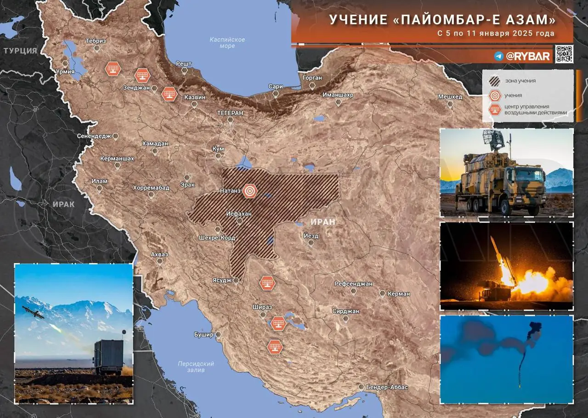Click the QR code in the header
(564, 54)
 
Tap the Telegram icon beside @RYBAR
(499, 56)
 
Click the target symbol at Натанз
(249, 190)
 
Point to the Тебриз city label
(96, 41)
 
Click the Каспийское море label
(227, 43)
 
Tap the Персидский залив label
(196, 366)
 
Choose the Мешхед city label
(450, 97)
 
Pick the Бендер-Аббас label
(387, 387)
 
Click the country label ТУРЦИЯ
(20, 51)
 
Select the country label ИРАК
(63, 205)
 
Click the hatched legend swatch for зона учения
(495, 81)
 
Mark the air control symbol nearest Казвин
(170, 94)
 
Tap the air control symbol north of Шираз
(267, 283)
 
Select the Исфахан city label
(239, 214)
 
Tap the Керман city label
(398, 293)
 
